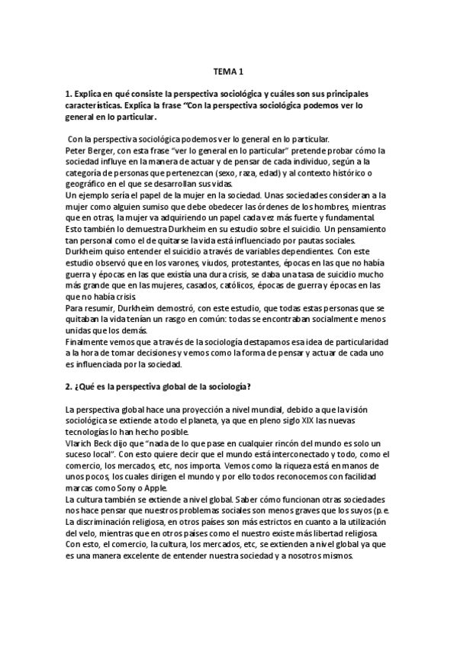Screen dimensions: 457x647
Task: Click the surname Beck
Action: coord(111,442)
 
